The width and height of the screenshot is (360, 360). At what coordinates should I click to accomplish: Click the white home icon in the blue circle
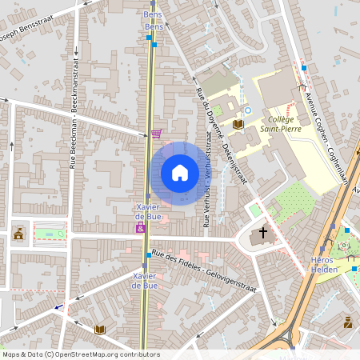[x=179, y=173]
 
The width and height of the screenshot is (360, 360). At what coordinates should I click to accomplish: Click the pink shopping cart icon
[x=156, y=134]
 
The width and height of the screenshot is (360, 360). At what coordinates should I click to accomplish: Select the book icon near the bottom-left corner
[x=100, y=330]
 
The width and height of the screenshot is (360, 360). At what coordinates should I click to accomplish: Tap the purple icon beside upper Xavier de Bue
[x=142, y=229]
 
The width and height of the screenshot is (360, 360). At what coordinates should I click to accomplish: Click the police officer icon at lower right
[x=347, y=322]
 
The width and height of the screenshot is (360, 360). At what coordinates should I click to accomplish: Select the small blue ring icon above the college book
[x=248, y=110]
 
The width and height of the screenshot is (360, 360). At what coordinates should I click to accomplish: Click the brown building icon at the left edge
[x=18, y=234]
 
